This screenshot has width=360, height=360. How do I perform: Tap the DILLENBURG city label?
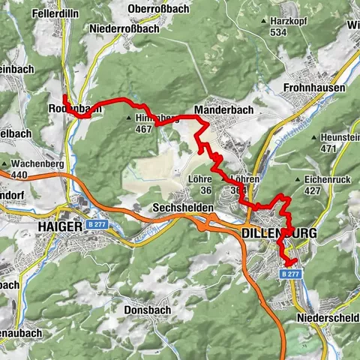pos(280,233)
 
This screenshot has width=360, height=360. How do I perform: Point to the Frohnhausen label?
pos(315,88)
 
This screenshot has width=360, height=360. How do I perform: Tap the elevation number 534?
pos(279,32)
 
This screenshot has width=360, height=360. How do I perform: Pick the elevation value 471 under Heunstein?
pos(328,149)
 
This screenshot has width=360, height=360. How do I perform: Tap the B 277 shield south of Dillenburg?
pos(295,274)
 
